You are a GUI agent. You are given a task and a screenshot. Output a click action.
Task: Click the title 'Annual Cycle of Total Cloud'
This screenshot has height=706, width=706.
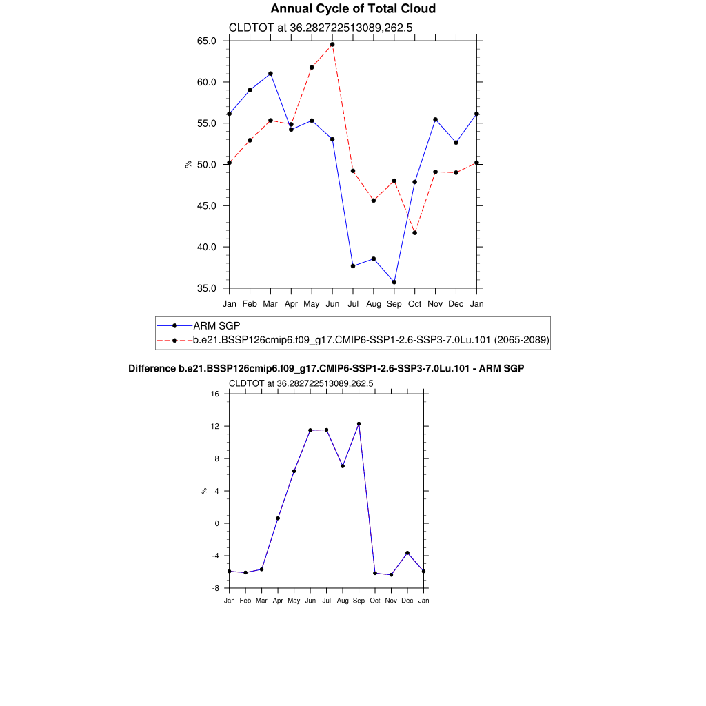(353, 9)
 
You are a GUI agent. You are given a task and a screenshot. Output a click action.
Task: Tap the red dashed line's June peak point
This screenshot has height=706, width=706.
(332, 45)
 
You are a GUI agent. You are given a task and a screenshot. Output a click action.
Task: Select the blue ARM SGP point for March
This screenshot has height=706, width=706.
(270, 74)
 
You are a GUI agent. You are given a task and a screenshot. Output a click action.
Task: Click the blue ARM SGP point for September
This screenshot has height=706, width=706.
(394, 282)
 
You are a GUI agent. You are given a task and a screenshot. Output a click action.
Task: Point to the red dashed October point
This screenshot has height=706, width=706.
(415, 233)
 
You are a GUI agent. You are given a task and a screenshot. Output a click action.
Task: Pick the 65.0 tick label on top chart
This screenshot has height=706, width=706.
(207, 41)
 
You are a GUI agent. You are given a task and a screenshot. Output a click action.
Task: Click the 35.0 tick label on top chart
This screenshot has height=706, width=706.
(207, 288)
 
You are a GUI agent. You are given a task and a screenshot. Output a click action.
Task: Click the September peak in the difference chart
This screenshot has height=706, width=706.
(359, 424)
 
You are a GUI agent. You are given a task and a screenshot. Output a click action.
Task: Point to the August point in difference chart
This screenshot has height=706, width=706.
(343, 466)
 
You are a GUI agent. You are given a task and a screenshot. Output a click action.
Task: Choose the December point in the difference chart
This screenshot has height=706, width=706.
(407, 553)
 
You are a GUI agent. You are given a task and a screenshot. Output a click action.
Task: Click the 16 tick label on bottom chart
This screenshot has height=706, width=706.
(214, 394)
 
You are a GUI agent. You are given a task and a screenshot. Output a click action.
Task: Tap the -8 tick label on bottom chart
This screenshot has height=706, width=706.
(214, 588)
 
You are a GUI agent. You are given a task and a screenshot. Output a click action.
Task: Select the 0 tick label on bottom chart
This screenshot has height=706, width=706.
(216, 523)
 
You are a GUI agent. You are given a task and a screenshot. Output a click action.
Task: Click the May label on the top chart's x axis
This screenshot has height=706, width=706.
(312, 303)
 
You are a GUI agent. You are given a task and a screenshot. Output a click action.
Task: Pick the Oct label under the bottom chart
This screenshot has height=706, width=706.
(375, 601)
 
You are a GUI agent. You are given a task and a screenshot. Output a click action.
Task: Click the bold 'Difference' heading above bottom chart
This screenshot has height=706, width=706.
(326, 369)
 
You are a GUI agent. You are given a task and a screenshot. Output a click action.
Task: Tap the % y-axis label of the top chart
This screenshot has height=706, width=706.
(188, 164)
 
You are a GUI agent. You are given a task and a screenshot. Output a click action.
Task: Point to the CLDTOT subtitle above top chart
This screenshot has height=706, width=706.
(321, 28)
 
